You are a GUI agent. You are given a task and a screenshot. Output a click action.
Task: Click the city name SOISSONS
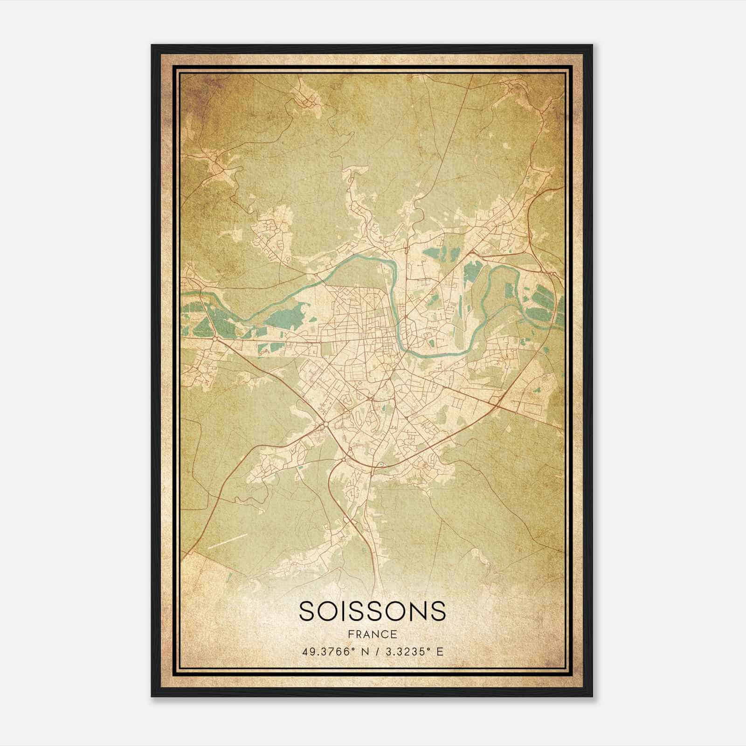[x=372, y=611]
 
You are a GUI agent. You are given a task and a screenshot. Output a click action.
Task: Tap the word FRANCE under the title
[x=372, y=634]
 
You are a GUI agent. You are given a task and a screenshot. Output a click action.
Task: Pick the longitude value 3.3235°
[x=406, y=651]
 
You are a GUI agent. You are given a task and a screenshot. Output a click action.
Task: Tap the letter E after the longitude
[x=440, y=651]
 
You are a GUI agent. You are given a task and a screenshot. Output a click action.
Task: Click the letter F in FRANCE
[x=351, y=634]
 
